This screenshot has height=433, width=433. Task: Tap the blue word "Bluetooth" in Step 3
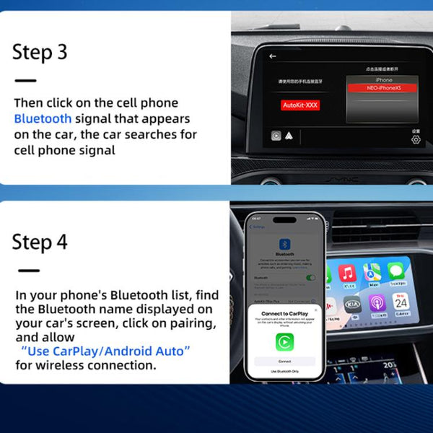[43, 118]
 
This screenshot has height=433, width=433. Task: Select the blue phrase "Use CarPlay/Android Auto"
[105, 351]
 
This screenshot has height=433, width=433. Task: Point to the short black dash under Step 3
[25, 81]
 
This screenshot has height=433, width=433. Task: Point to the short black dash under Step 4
[28, 271]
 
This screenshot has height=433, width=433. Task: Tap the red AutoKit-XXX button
[300, 105]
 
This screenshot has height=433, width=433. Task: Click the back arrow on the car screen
[273, 56]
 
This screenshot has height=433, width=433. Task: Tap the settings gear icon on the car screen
[416, 139]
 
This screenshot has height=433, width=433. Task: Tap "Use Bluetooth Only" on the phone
[284, 370]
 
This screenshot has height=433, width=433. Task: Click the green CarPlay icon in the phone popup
[284, 342]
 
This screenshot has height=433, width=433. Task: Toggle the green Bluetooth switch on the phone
[311, 277]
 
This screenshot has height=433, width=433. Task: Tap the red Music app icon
[348, 273]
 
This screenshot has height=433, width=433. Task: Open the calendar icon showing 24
[401, 302]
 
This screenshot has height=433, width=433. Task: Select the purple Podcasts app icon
[376, 302]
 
